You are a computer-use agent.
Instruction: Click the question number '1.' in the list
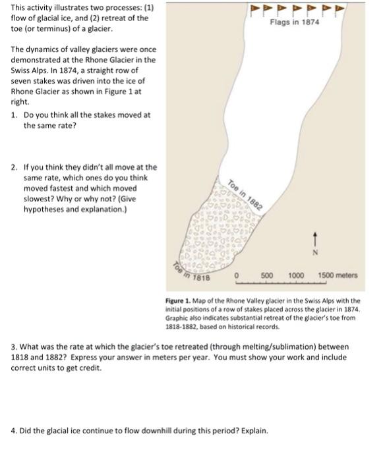click(x=14, y=115)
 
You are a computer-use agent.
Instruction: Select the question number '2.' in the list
click(x=14, y=169)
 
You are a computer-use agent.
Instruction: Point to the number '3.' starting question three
click(x=15, y=346)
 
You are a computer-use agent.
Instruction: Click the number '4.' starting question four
click(x=15, y=431)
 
